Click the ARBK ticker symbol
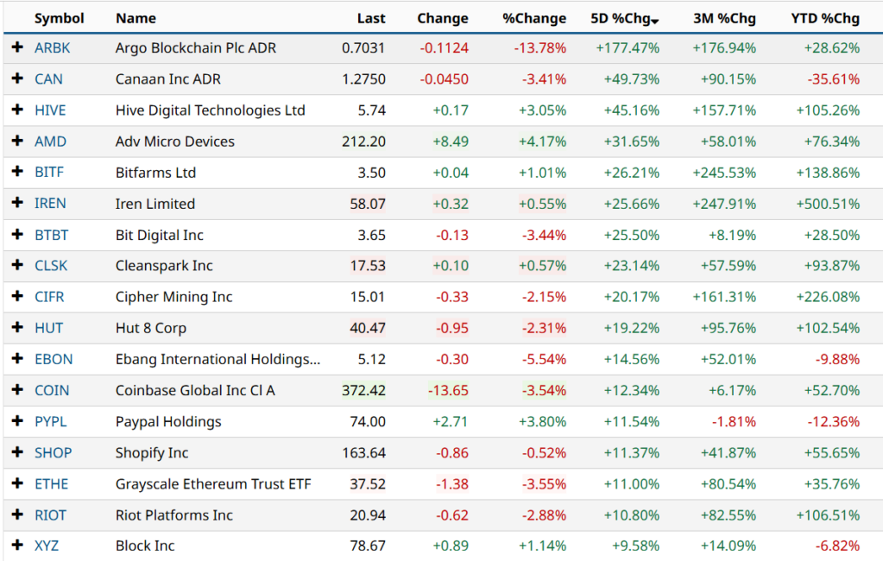[x=52, y=48]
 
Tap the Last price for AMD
[x=363, y=142]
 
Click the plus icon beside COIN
[x=17, y=390]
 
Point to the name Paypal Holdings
[x=168, y=421]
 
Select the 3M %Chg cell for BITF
[x=724, y=173]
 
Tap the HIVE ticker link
[x=50, y=110]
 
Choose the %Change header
[x=534, y=18]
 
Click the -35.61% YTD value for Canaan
[x=834, y=79]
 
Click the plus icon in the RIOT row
[x=17, y=514]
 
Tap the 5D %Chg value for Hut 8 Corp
[x=628, y=328]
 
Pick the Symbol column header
[x=60, y=18]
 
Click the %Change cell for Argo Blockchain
[x=540, y=48]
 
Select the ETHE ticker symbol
[x=51, y=483]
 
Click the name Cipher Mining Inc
[x=174, y=297]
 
